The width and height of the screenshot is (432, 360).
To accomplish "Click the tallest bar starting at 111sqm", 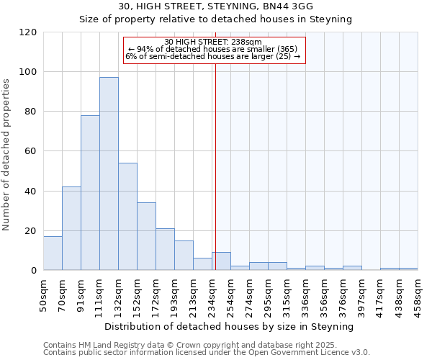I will pos(109,174).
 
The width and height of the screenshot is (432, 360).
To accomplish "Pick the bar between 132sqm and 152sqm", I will pos(127,217).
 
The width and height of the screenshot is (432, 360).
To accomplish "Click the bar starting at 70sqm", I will pos(71,228).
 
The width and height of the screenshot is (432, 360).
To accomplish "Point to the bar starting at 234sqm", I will pos(221,261).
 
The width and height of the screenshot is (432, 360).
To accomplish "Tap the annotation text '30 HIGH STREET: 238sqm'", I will pos(212,42).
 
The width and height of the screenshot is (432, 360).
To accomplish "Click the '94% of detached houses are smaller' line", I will pos(212,49).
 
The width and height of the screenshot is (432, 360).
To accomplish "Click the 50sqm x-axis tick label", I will pos(43,294).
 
